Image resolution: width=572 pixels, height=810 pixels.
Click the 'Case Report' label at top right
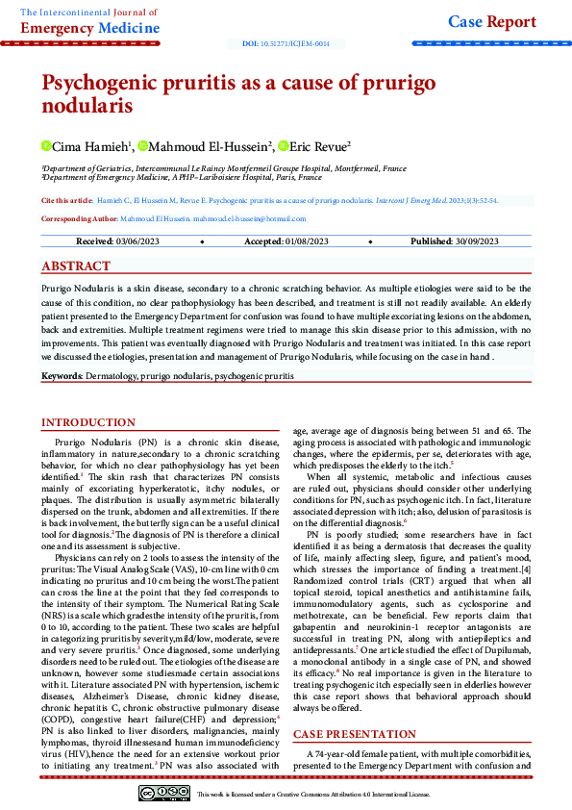(493, 22)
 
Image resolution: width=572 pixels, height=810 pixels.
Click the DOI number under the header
(286, 44)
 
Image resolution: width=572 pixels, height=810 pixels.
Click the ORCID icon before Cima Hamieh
(45, 146)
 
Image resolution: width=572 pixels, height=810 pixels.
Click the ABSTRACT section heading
(76, 266)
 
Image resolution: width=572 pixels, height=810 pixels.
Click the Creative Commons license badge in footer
(163, 793)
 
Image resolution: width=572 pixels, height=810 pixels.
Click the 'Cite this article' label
(67, 200)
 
